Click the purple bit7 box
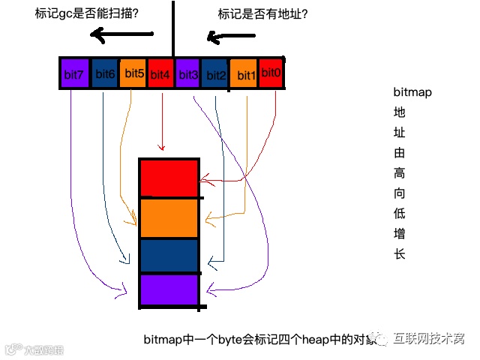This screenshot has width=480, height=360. pos(75,73)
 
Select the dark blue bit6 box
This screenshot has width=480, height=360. pos(105,73)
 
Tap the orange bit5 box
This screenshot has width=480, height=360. pos(133,73)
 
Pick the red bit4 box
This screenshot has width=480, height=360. pos(161,73)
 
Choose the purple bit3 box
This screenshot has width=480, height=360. pos(188,73)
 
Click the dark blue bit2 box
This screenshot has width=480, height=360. pos(215,73)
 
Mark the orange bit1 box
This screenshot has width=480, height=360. pos(244,73)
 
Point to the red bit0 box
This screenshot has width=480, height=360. pos(271,73)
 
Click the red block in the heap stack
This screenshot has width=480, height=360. pos(169,178)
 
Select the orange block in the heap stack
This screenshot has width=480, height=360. pos(169,217)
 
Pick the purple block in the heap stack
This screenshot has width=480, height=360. pos(169,291)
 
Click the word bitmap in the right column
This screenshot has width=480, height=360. pos(413,92)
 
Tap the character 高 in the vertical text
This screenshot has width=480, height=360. pos(399,173)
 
